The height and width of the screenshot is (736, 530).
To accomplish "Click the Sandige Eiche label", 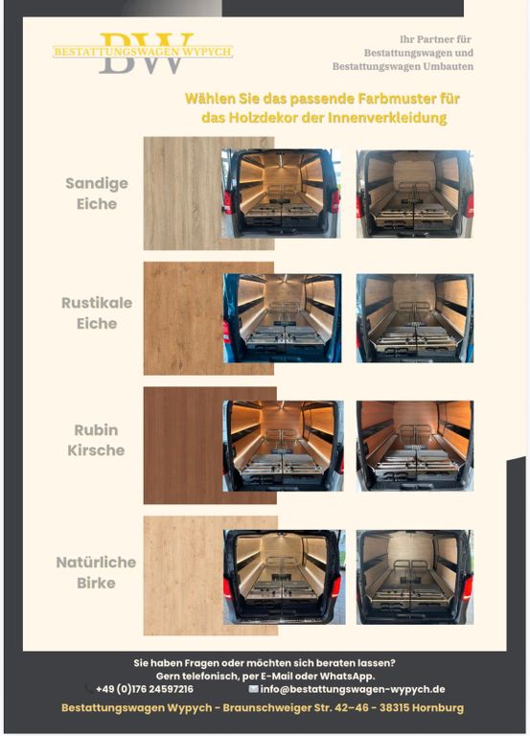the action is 97,194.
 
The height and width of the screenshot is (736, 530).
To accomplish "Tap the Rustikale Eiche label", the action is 97,313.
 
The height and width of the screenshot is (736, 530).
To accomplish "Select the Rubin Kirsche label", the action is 96,440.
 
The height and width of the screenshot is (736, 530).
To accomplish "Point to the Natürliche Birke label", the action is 96,572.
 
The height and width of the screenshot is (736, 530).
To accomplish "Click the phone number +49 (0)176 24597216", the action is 144,689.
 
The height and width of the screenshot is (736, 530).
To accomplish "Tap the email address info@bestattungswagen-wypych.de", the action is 352,689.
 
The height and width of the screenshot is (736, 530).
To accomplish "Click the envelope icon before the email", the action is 253,689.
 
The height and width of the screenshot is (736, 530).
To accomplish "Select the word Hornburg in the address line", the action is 439,707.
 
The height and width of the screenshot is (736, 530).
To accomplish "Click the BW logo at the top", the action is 143,53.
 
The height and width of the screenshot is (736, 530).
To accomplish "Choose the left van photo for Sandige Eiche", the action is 281,194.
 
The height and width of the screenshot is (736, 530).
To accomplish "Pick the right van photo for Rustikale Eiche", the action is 415,318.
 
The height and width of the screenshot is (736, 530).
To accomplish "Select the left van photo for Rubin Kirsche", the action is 283,446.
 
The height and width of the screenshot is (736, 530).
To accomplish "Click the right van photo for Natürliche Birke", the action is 415,577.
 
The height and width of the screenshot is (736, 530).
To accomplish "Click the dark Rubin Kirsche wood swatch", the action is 183,446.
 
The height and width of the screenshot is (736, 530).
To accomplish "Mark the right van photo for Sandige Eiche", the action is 415,194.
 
